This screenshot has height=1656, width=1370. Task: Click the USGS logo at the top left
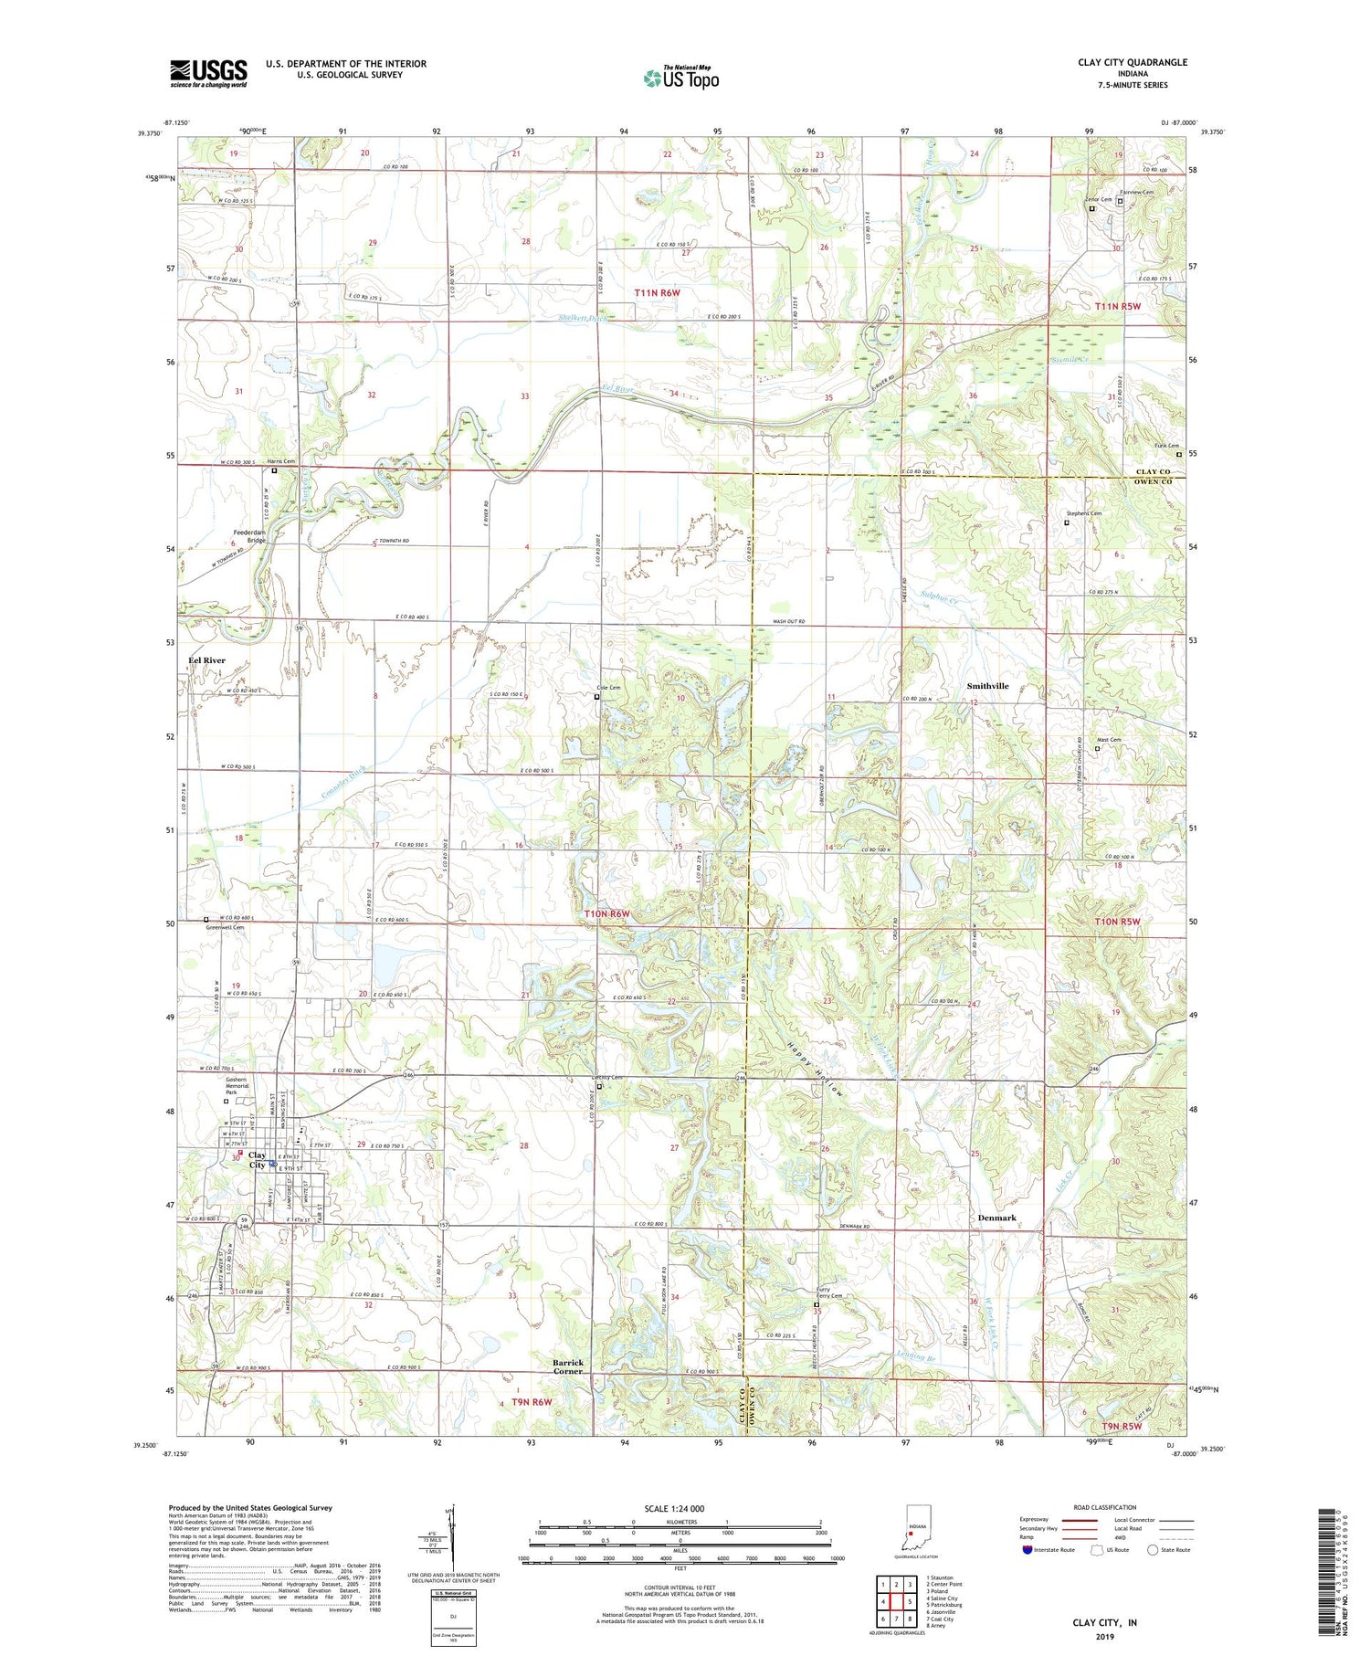point(208,73)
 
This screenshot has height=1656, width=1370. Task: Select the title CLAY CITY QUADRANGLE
point(1132,62)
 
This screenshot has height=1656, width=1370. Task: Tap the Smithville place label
point(987,686)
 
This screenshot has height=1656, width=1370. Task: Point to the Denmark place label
point(996,1218)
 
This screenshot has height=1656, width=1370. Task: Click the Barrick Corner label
point(567,1366)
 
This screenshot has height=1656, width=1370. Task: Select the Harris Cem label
point(281,462)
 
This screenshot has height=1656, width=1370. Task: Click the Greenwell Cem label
point(225,928)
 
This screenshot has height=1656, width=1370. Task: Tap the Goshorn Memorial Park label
point(237,1086)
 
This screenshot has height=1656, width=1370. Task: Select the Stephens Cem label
point(1083,513)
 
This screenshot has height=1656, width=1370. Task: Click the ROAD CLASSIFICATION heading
point(1104,1507)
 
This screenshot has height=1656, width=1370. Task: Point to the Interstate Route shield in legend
point(1027,1550)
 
